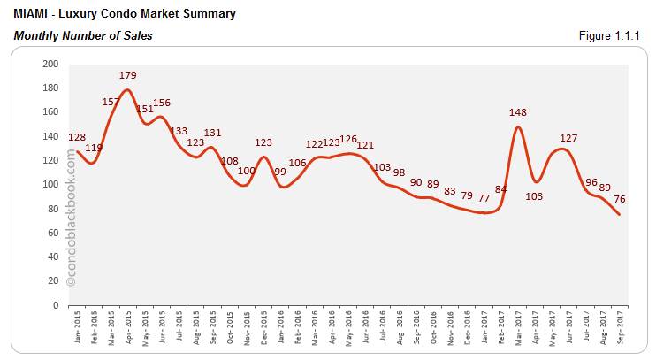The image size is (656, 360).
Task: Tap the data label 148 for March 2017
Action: click(x=519, y=112)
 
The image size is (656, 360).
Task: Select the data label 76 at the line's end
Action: click(x=621, y=198)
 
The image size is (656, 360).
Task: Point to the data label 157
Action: click(x=111, y=102)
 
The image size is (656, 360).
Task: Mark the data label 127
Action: click(x=568, y=138)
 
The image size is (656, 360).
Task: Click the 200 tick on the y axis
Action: click(x=50, y=64)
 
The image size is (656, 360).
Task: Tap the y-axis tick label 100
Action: click(x=50, y=185)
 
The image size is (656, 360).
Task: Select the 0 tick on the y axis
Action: click(x=56, y=305)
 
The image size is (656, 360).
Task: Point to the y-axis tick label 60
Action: click(x=53, y=233)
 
